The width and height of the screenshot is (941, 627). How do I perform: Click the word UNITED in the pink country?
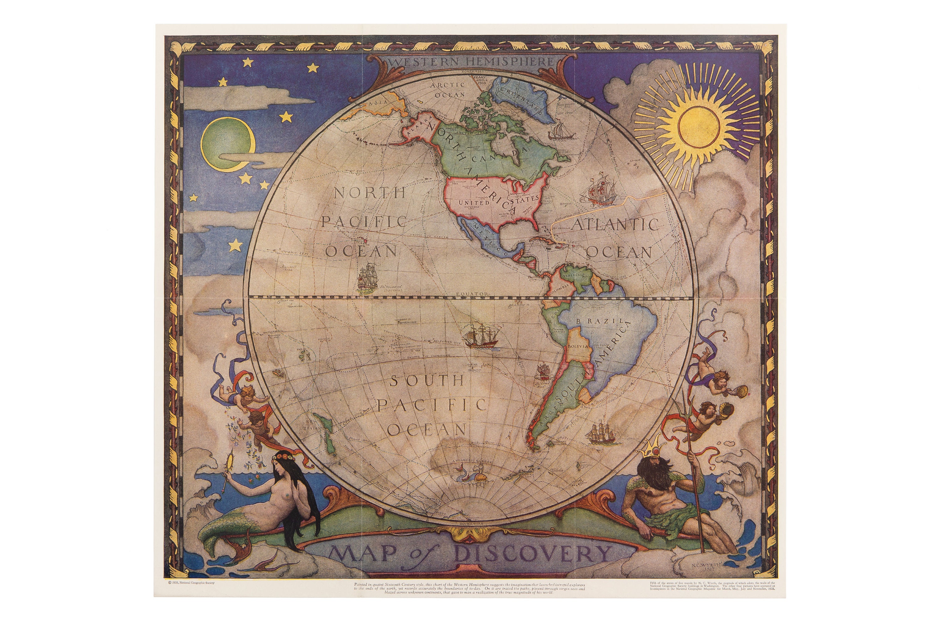click(474, 203)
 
